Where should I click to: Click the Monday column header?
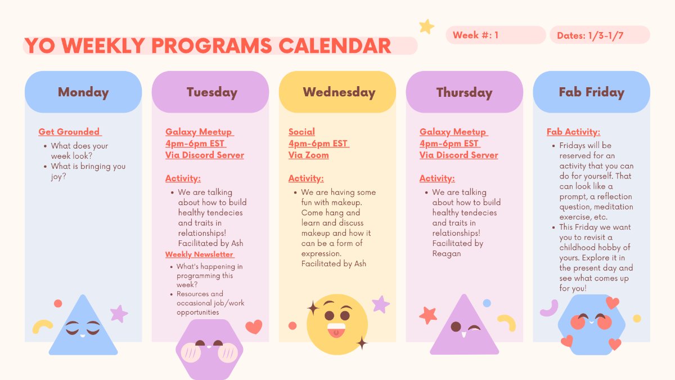tap(83, 92)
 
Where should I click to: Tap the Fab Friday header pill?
tap(591, 92)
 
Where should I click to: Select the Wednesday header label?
tap(339, 92)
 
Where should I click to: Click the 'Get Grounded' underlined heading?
tap(69, 132)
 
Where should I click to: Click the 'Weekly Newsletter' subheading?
tap(200, 254)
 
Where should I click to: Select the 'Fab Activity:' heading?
tap(573, 132)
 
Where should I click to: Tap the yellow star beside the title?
tap(426, 26)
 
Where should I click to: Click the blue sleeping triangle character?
tap(83, 329)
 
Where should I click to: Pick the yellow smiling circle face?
tap(337, 324)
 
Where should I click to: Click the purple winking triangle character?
tap(465, 328)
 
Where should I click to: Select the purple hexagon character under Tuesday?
tap(209, 349)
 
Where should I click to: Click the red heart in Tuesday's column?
tap(254, 327)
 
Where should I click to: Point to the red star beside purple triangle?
tap(428, 315)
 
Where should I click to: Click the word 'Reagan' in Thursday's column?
tap(447, 253)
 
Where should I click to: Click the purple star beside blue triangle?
tap(119, 313)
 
